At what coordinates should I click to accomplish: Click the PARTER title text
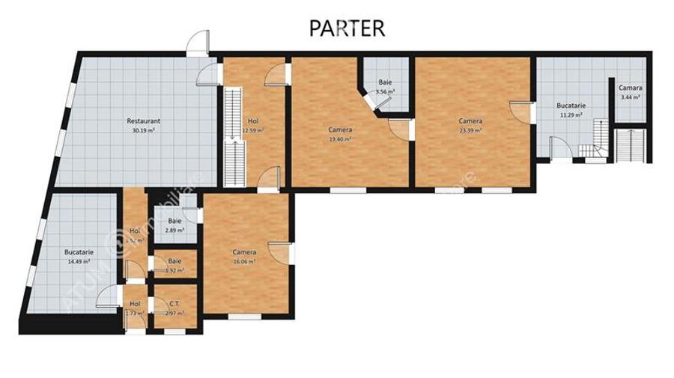point(347,28)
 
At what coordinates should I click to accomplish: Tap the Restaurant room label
point(143,121)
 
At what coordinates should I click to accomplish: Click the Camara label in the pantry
point(630,88)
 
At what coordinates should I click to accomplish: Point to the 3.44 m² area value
point(630,97)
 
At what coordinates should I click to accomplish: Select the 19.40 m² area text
point(339,138)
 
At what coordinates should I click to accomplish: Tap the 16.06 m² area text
point(244,262)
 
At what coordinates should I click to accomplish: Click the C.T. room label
point(174,303)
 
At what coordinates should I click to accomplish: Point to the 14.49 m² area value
point(79,262)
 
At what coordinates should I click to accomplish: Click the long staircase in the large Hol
point(234,138)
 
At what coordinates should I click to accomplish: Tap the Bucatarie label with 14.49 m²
point(79,253)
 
